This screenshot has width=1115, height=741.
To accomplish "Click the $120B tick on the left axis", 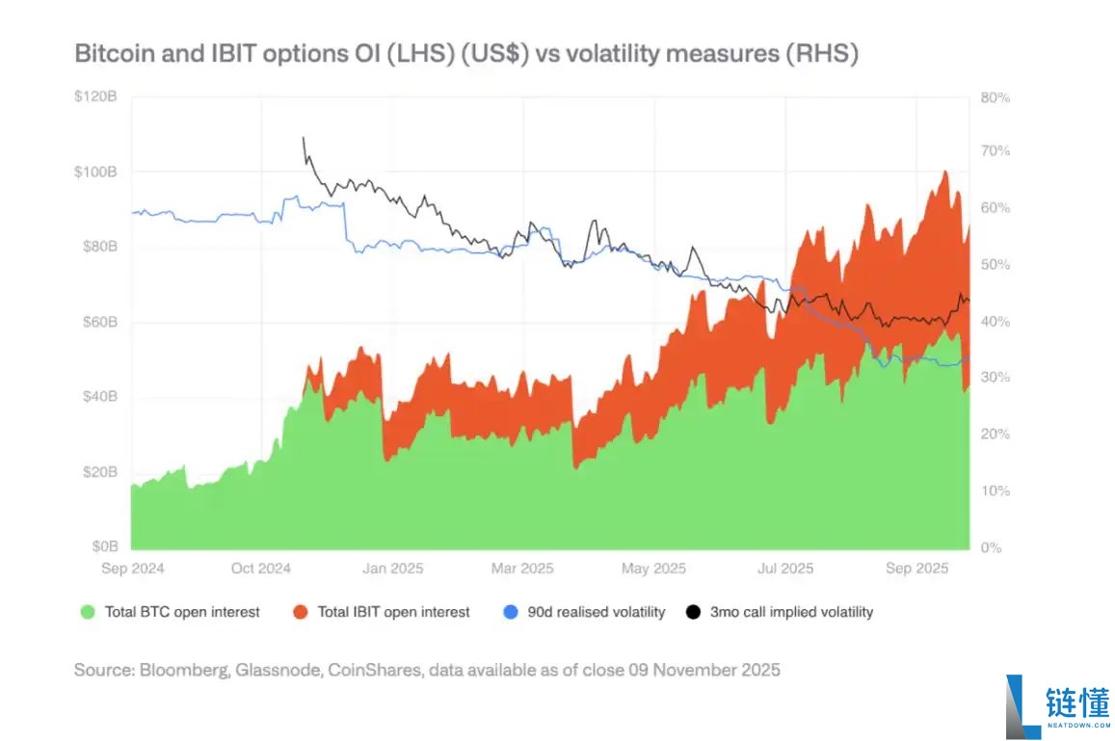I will point(96,97).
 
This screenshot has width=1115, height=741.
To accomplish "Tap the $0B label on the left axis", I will point(103,546).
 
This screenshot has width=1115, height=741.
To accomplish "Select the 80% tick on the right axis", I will point(996,97).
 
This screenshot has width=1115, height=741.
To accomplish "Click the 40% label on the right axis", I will point(996,321).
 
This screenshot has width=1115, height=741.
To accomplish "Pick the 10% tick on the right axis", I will point(996,490).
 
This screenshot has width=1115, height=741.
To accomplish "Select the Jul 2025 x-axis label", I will point(784,569).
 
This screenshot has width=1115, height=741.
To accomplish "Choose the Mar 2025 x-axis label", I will point(522,569).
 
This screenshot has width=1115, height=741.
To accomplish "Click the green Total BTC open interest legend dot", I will point(89,612).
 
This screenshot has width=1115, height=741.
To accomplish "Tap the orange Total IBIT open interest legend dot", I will point(301,612).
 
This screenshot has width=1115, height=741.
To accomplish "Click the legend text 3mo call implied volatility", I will point(791,612).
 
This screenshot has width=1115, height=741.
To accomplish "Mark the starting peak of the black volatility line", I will point(304,138).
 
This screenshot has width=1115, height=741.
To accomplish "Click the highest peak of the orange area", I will point(945,172).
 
